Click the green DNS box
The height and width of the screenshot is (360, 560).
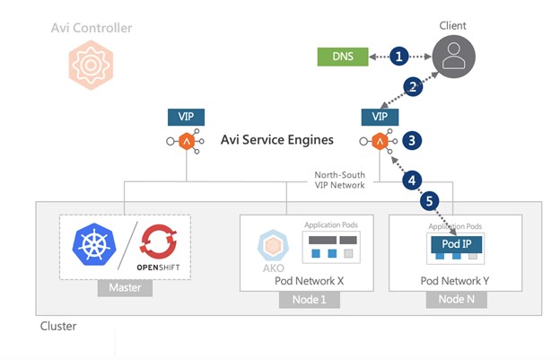[x=342, y=57]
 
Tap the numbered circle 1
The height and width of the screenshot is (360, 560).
[x=398, y=57]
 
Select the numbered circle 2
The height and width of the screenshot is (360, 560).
[x=413, y=87]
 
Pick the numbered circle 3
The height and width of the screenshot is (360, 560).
[x=411, y=140]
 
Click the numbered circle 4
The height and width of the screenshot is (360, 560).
[x=412, y=180]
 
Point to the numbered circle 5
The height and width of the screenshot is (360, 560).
[x=432, y=202]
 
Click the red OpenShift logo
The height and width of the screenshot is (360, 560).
[x=161, y=241]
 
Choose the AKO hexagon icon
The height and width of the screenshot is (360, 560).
[x=272, y=245]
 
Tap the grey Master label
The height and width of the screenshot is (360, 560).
[x=125, y=290]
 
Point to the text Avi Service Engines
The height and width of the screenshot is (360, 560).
[x=277, y=140]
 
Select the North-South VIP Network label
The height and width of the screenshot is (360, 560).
[x=339, y=180]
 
